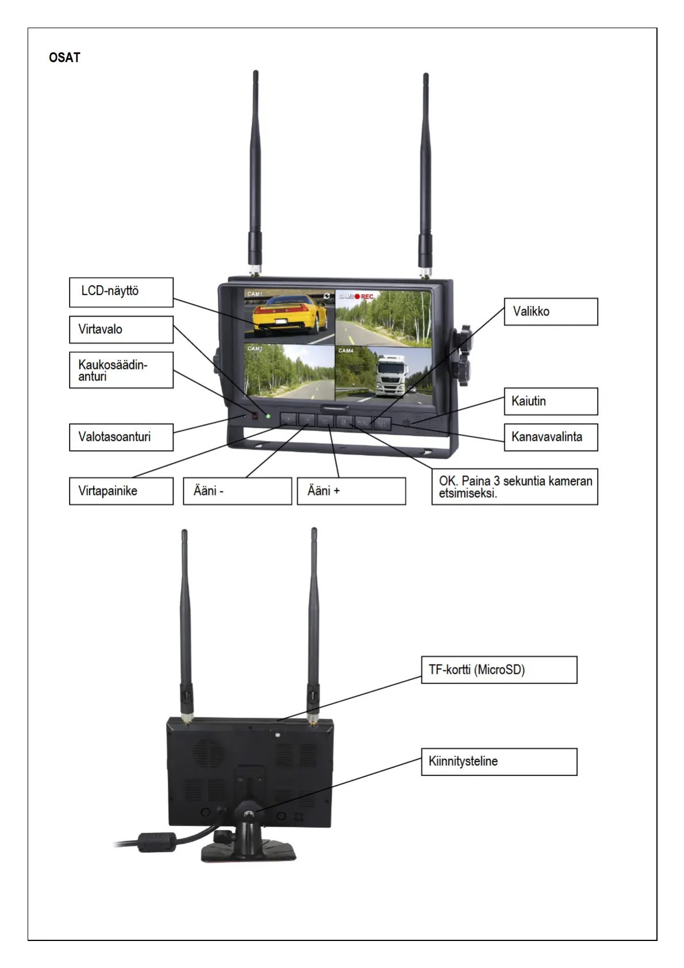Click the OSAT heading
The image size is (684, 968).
click(64, 57)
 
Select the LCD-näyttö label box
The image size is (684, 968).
click(121, 292)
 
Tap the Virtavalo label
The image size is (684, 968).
click(121, 329)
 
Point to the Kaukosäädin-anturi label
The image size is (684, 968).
click(121, 370)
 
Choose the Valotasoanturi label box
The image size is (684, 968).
click(121, 437)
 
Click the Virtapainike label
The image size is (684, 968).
click(121, 491)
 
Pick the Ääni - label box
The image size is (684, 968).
click(237, 491)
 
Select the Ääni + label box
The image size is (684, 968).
click(351, 491)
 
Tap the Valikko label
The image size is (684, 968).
click(550, 312)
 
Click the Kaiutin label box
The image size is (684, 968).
click(550, 401)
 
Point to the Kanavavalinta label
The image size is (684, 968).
click(550, 437)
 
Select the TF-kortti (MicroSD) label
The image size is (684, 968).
click(498, 670)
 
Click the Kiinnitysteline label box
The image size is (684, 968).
click(498, 762)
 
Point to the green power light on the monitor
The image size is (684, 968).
click(268, 416)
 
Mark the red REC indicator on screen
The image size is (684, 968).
click(364, 297)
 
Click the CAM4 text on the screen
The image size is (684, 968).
click(345, 351)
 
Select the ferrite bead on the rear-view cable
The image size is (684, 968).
click(156, 842)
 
